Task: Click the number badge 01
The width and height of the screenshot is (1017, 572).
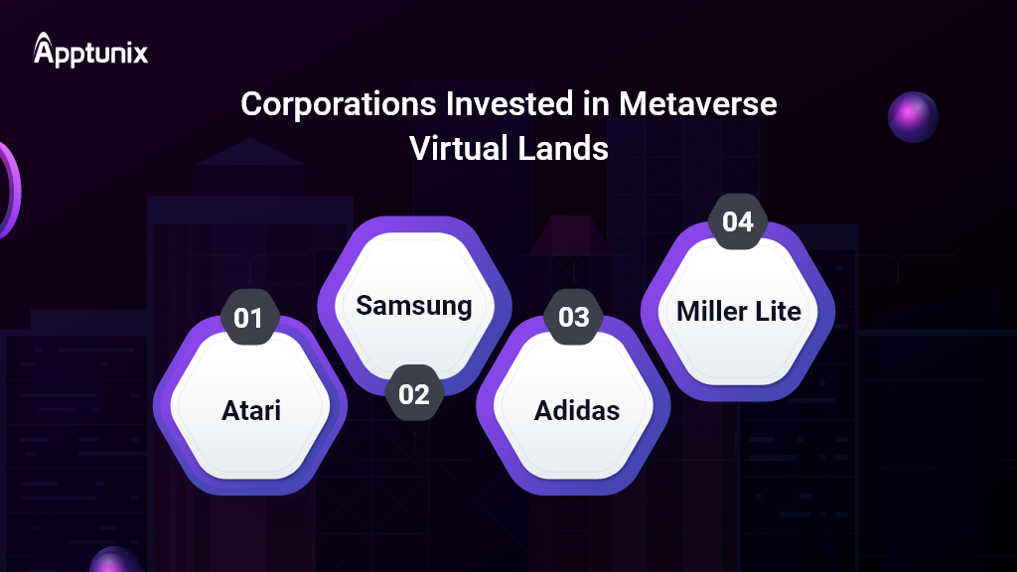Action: tap(248, 318)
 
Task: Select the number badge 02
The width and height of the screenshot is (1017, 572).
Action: tap(414, 394)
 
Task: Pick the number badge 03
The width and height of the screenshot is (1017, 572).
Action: tap(574, 318)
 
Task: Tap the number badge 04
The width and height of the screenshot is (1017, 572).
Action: tap(738, 221)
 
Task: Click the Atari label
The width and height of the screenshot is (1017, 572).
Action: tap(250, 409)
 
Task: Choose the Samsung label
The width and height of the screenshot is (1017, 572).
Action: tap(414, 306)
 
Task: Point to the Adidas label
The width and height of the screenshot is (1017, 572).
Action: tap(577, 409)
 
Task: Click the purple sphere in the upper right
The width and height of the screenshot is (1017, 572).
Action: tap(913, 117)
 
